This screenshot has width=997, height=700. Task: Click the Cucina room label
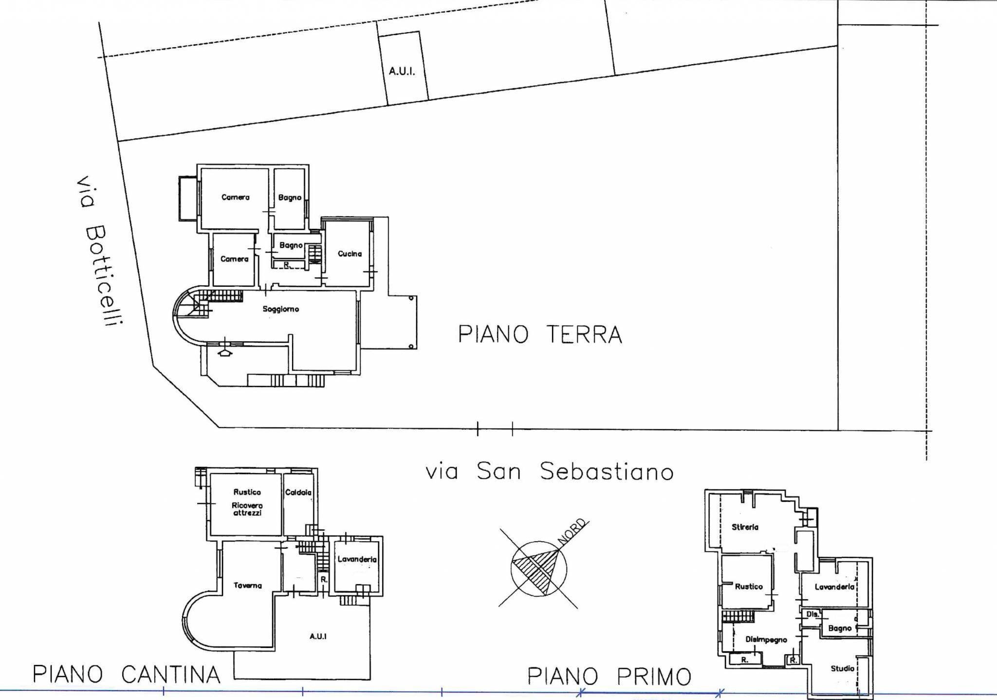(350, 254)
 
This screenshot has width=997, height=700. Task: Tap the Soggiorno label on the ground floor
(280, 309)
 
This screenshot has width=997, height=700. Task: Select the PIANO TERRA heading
(540, 335)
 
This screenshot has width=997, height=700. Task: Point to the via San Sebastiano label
(550, 471)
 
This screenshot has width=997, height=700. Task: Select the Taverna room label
(247, 586)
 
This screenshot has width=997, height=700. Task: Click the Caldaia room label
(298, 493)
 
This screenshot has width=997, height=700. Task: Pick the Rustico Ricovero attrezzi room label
(247, 503)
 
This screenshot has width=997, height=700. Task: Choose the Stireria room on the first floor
(745, 527)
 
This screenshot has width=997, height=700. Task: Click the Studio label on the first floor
(842, 668)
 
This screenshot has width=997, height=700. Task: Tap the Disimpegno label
(766, 640)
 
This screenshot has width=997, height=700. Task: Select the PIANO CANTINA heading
(126, 675)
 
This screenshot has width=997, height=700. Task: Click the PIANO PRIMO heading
(609, 676)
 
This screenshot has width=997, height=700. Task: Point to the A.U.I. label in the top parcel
(402, 72)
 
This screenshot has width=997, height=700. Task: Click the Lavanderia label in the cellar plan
(357, 559)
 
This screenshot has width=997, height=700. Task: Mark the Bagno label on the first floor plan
(840, 628)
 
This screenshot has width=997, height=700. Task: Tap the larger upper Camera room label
(235, 197)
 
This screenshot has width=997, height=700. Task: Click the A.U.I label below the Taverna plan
(318, 636)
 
